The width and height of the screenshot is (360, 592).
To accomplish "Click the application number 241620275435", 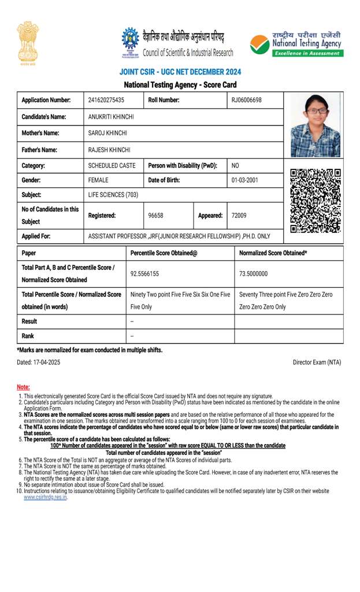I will [106, 100].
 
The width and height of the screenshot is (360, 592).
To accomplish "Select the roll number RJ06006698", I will [246, 100].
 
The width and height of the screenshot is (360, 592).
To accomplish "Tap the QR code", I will [316, 201].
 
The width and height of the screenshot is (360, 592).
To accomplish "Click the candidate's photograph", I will [315, 125].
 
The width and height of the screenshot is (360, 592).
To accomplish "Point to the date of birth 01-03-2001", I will [245, 180].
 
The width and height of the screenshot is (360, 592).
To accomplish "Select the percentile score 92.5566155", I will [144, 273].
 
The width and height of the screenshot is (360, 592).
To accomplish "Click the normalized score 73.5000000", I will [254, 273].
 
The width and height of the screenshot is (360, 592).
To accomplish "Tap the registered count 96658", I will [155, 215].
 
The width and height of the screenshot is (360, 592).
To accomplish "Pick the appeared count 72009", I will [239, 215].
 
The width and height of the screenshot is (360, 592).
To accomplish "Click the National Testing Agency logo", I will [296, 44].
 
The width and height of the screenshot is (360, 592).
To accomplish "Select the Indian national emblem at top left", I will [27, 36].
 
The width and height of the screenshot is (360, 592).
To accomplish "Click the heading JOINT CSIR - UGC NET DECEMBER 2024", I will [180, 72].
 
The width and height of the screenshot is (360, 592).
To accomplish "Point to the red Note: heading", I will [23, 387].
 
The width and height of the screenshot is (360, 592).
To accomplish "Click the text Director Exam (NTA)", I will [317, 362].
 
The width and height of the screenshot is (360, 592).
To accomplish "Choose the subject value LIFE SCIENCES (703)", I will [113, 195].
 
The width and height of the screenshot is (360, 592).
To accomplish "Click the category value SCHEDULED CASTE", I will [112, 165].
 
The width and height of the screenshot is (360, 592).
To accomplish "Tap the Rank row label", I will [28, 336].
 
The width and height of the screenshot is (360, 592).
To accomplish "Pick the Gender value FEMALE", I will [98, 180].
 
